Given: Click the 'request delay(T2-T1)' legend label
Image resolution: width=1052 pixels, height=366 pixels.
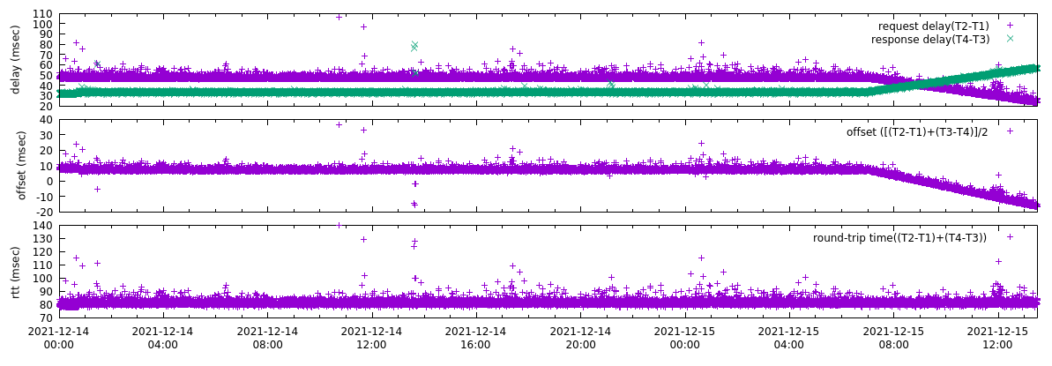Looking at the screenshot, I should tap(933, 26).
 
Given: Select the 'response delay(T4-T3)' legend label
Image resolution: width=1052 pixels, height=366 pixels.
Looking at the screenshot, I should tap(930, 40).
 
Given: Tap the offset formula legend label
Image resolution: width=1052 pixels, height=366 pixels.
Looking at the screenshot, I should tap(917, 131).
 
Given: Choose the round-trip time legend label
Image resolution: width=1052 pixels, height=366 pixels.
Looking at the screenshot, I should tap(899, 237).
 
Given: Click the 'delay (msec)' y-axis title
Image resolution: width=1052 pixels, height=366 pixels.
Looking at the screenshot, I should tap(16, 60).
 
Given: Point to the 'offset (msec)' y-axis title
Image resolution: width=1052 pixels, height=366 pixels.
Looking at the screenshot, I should tap(22, 165).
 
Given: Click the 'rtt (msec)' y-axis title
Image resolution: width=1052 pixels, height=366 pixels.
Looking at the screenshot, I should tap(16, 271).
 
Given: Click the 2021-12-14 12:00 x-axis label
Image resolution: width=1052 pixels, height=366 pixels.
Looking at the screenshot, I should tap(371, 338).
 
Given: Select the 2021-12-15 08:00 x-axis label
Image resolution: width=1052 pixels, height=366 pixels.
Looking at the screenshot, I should tap(894, 338).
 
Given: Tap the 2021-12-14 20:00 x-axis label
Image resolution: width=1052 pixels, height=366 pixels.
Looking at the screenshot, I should tap(581, 338).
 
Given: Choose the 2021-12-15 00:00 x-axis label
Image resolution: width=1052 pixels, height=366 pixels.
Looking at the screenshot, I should tap(685, 338).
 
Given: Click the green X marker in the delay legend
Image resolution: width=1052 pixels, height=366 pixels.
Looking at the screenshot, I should tap(1011, 40).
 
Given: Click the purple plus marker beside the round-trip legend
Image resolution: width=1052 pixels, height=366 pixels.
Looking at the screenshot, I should tap(1011, 237).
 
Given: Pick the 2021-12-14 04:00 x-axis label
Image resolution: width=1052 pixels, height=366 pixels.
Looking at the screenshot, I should tap(162, 338).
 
